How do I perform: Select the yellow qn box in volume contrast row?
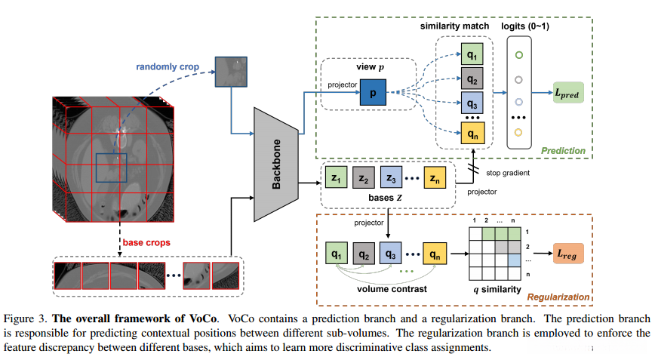click(x=436, y=254)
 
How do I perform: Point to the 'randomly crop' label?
click(x=168, y=67)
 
